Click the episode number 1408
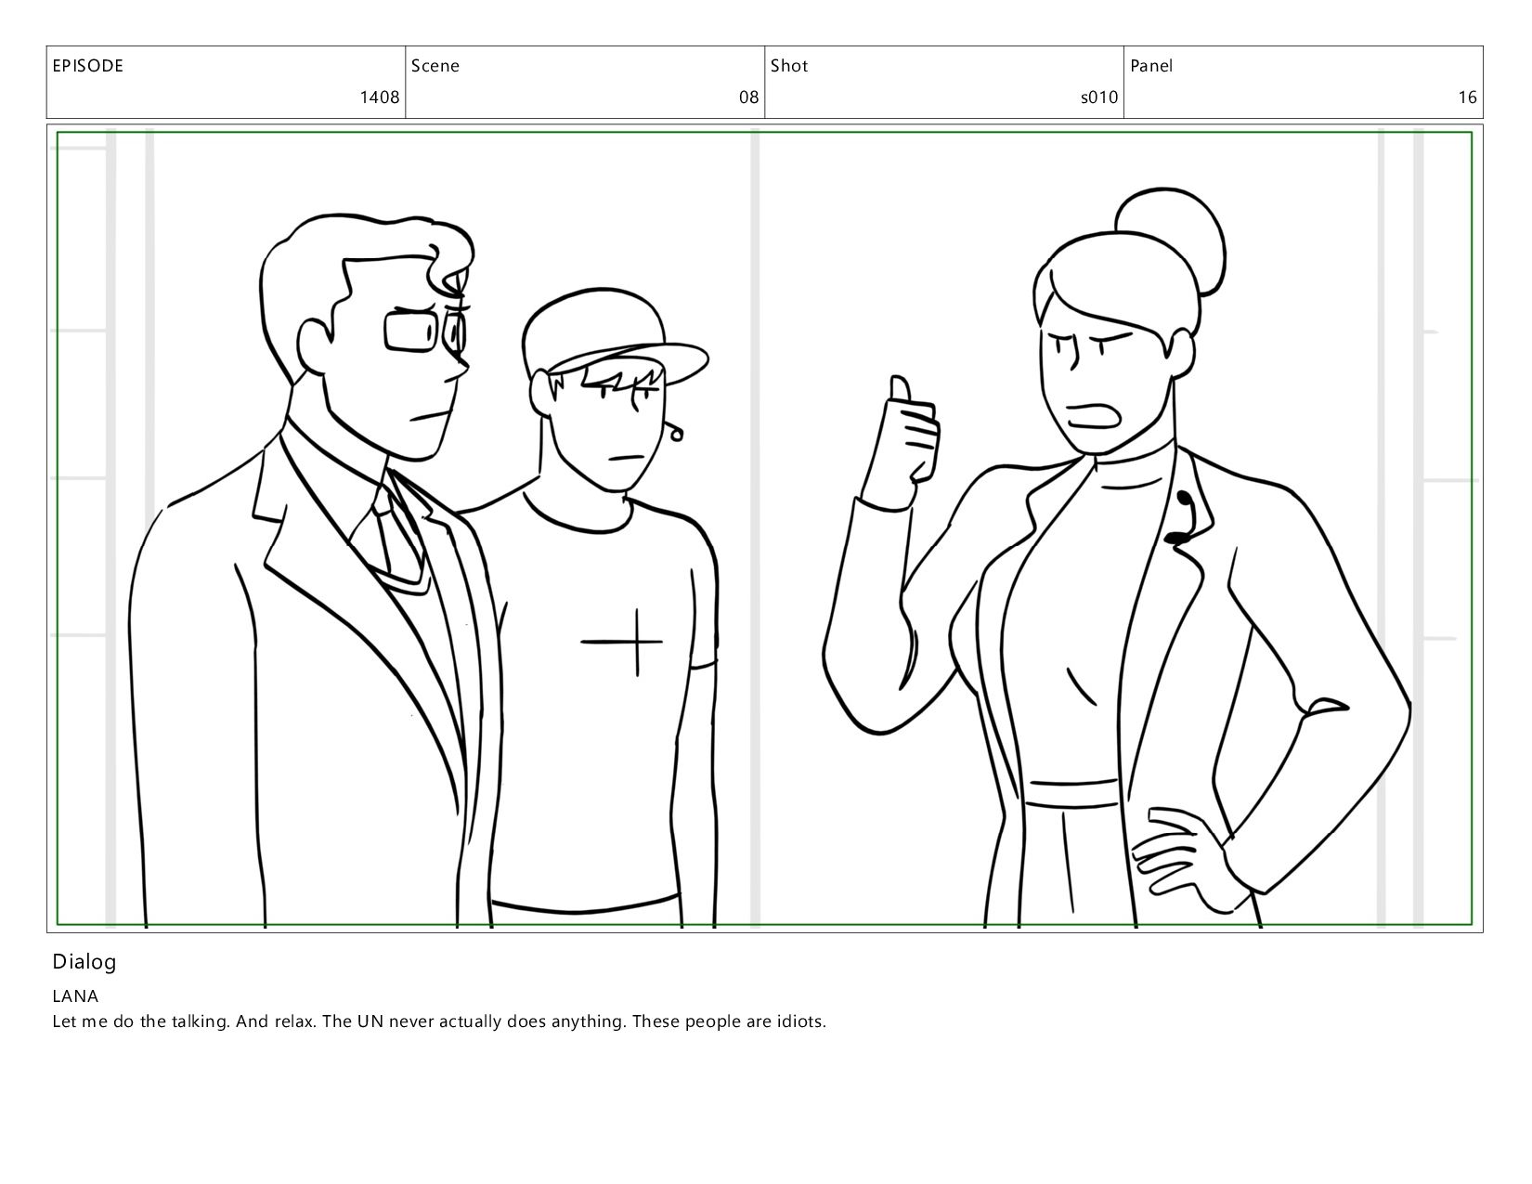380,98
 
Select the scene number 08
748,98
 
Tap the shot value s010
1099,98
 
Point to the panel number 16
1467,98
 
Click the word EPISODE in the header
88,66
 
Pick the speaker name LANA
75,995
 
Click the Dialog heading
84,962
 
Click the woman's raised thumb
900,389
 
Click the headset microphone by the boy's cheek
675,431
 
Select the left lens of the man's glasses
411,332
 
